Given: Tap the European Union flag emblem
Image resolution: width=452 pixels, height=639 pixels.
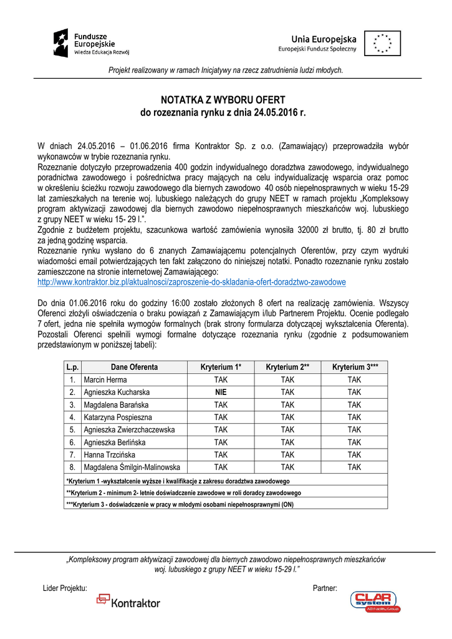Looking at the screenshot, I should point(382,44).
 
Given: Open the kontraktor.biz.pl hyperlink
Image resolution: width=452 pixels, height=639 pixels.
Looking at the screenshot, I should point(191,282).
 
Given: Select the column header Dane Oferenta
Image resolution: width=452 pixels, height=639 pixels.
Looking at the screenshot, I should point(134,367).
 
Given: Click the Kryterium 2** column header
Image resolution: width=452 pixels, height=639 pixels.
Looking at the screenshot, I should point(287,367).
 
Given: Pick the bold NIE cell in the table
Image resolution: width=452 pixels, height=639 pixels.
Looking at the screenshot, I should point(221,392).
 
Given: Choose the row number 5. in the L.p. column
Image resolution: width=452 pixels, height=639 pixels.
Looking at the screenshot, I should point(72,429).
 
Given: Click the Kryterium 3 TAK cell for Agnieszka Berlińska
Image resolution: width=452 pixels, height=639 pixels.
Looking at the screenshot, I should point(354,442).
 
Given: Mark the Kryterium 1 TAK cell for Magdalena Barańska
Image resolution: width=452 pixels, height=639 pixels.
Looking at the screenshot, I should point(221,404).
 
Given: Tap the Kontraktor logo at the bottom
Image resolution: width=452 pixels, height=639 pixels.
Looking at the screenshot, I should point(128,602).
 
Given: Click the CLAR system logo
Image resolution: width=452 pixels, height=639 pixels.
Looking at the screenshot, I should point(375,602).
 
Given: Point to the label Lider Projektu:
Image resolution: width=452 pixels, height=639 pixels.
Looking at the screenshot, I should point(65,588).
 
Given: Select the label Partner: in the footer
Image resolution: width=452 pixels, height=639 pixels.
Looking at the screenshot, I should point(325,588).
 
